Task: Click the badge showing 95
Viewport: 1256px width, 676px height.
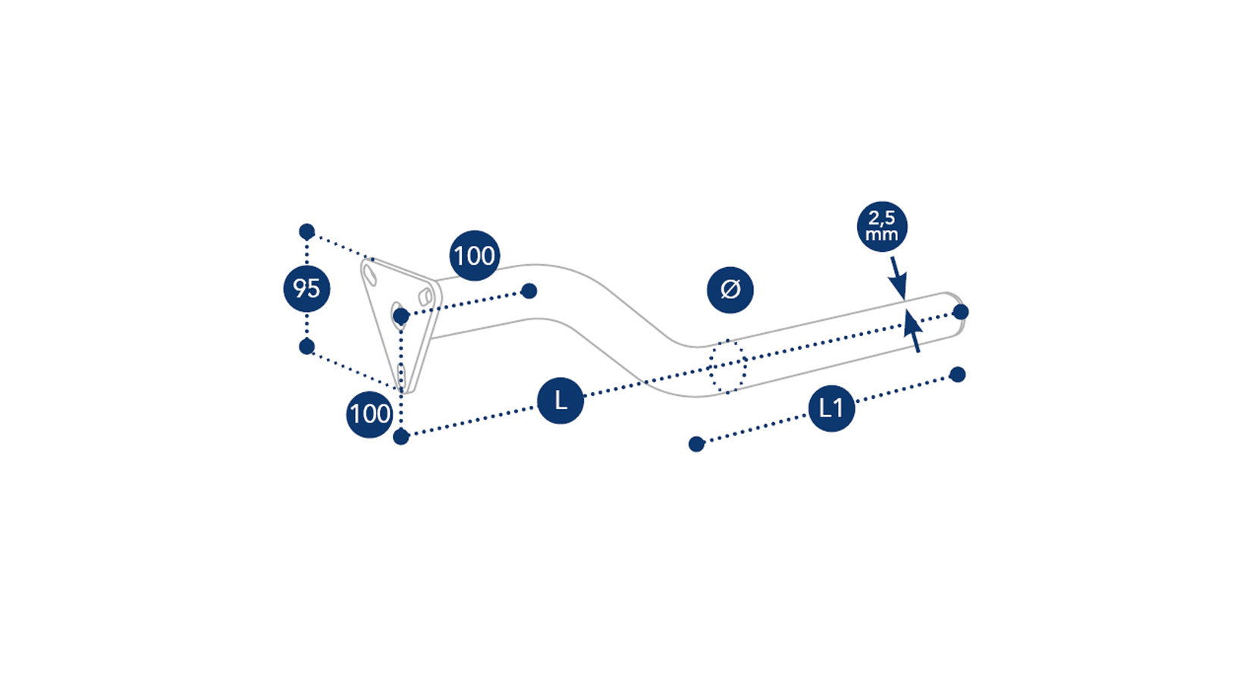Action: [x=306, y=288]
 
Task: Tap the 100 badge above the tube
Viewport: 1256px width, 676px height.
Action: [x=474, y=255]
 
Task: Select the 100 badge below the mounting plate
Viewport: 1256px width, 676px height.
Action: [x=369, y=414]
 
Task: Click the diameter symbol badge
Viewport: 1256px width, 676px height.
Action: [x=730, y=290]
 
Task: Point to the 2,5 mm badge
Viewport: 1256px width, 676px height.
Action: [x=882, y=226]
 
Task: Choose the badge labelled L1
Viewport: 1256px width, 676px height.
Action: [x=831, y=408]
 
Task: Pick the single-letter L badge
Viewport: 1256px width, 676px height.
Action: [x=560, y=401]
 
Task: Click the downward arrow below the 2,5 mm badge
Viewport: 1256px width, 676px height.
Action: [x=898, y=278]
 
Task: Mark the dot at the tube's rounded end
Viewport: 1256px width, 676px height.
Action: [x=960, y=311]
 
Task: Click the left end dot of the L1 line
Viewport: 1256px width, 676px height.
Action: [x=696, y=445]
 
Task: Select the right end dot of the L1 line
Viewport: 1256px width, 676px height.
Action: [x=958, y=374]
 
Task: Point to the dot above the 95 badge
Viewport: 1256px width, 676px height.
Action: [x=306, y=231]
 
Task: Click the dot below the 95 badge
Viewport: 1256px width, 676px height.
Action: [x=306, y=347]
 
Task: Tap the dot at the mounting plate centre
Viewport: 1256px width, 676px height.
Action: [x=401, y=317]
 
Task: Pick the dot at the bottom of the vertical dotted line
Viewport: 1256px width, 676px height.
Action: [x=401, y=436]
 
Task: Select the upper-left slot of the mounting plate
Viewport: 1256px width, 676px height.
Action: [x=370, y=275]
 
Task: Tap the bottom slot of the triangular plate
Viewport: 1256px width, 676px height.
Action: [x=401, y=376]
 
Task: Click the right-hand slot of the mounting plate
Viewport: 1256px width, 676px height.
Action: [x=425, y=297]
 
